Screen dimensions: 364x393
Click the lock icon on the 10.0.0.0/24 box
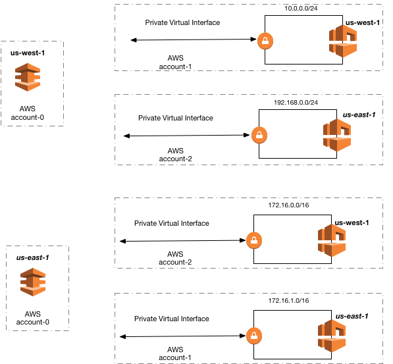(265, 39)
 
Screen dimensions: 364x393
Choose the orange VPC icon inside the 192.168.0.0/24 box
(336, 136)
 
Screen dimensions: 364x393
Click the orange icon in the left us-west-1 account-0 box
(28, 76)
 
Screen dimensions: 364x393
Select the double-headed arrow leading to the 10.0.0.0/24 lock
(194, 41)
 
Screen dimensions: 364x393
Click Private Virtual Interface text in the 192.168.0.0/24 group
(176, 118)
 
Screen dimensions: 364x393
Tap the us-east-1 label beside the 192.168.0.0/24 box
(359, 115)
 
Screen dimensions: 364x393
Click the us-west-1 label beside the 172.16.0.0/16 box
(352, 222)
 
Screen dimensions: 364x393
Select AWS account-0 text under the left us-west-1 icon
(28, 113)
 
